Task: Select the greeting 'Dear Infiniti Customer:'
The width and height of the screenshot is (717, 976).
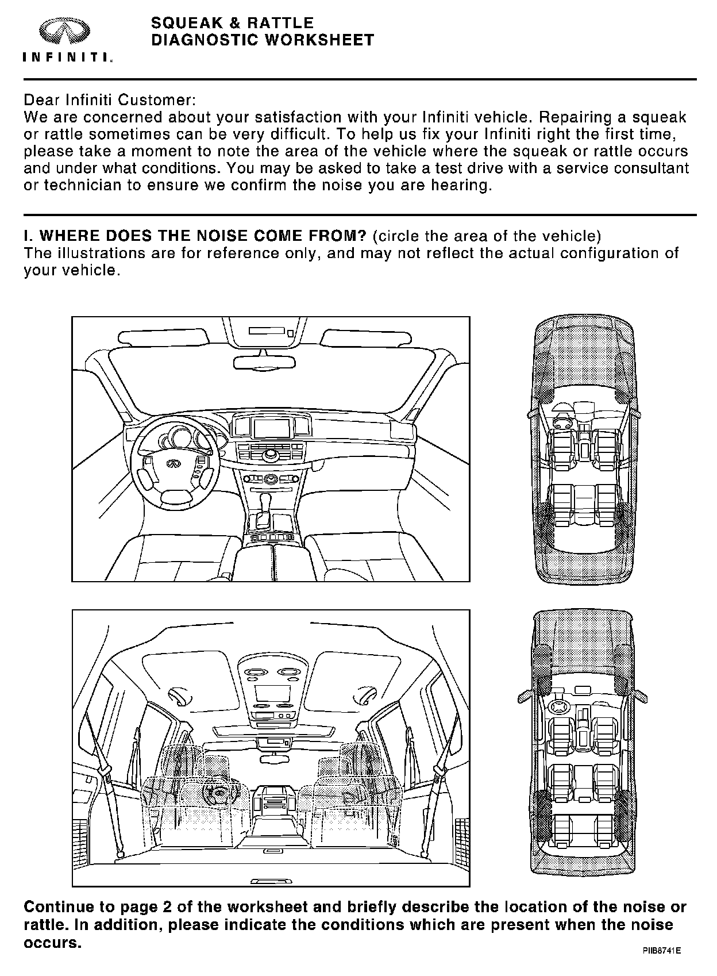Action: pyautogui.click(x=110, y=100)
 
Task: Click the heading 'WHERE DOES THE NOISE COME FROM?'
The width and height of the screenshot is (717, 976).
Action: pyautogui.click(x=195, y=236)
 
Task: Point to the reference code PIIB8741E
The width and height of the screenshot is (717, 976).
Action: pyautogui.click(x=662, y=951)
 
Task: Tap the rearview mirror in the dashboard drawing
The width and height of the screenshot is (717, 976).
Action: pyautogui.click(x=265, y=363)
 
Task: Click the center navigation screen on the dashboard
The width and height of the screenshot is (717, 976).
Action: pyautogui.click(x=271, y=428)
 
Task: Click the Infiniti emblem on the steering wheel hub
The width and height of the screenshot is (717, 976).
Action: pyautogui.click(x=172, y=463)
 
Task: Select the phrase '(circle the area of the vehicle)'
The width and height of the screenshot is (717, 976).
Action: pyautogui.click(x=487, y=236)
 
